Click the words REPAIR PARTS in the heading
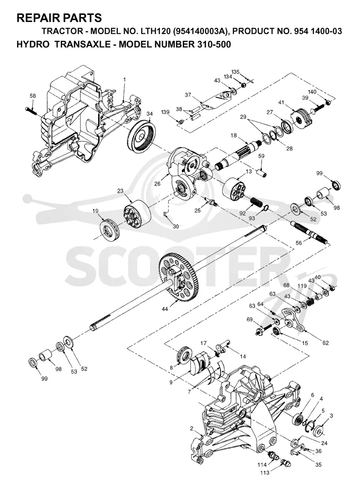click(x=59, y=18)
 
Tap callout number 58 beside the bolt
click(x=32, y=96)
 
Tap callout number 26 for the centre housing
click(x=157, y=184)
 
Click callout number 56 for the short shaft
click(x=298, y=243)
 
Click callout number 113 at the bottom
click(x=265, y=473)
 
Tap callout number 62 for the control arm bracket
click(x=325, y=343)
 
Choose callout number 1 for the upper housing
click(x=124, y=80)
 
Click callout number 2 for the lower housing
click(x=192, y=428)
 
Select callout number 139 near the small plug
click(x=166, y=112)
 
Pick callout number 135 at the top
click(x=235, y=72)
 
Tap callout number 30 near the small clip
click(x=175, y=226)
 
